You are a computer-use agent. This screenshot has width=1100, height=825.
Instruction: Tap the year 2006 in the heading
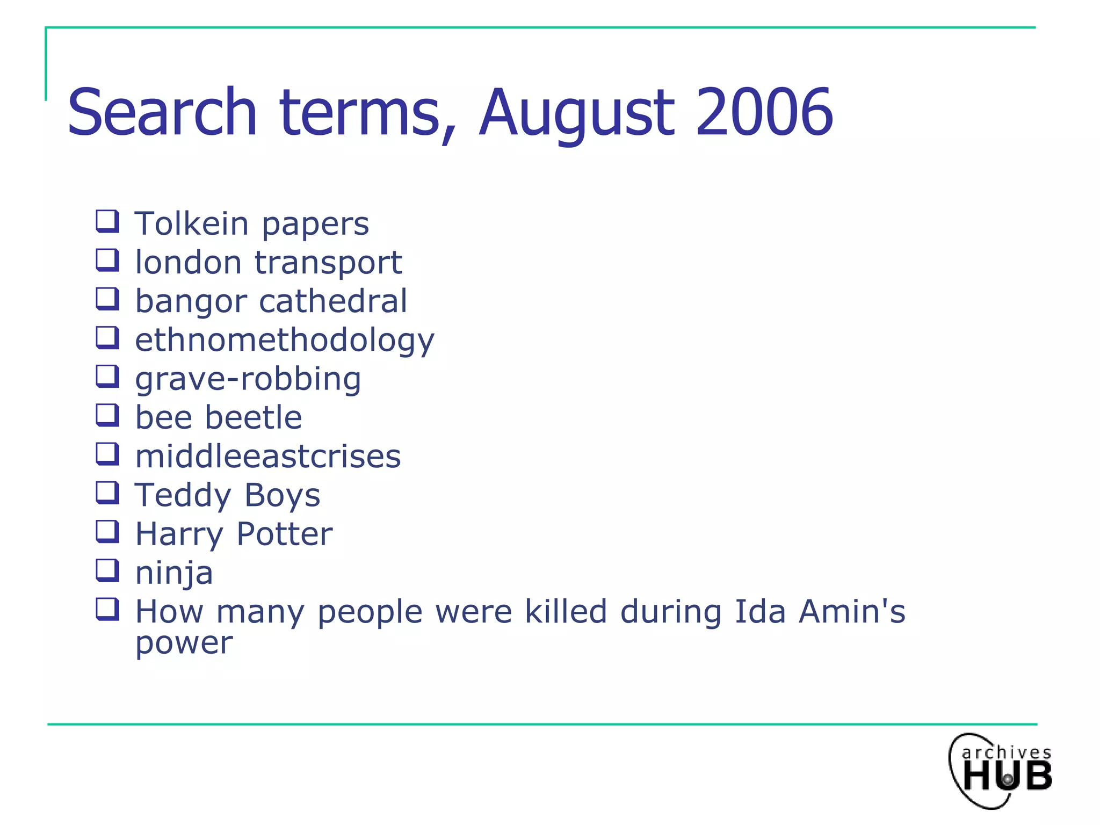tap(764, 113)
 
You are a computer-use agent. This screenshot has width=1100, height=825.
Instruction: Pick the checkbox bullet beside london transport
tap(107, 260)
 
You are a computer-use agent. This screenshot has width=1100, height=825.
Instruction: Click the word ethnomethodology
tap(285, 341)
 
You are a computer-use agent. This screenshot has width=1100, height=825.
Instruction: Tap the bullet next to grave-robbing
tap(107, 377)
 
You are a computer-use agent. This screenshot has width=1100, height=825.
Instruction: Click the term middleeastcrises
tap(267, 457)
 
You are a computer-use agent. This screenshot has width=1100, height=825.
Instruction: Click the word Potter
tap(284, 534)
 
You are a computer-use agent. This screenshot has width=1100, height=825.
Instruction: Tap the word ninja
tap(174, 573)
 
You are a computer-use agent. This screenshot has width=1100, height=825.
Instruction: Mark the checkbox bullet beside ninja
tap(107, 570)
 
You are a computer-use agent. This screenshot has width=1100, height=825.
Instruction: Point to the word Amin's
tap(852, 612)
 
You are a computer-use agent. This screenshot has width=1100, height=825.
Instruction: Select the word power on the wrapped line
tap(184, 643)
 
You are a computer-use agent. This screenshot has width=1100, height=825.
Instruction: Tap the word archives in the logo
tap(1006, 752)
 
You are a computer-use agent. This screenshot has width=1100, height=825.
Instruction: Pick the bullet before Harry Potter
tap(107, 532)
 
